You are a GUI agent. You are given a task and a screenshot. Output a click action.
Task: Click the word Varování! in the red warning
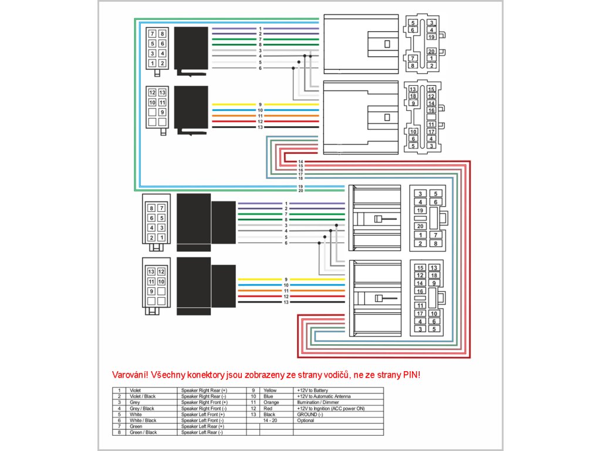(x=130, y=375)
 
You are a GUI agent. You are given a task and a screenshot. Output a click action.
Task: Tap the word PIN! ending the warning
(x=411, y=375)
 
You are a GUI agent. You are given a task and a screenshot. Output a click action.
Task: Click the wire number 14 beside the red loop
(x=300, y=162)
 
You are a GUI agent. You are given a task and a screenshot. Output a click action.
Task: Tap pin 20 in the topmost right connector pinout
(x=431, y=51)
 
